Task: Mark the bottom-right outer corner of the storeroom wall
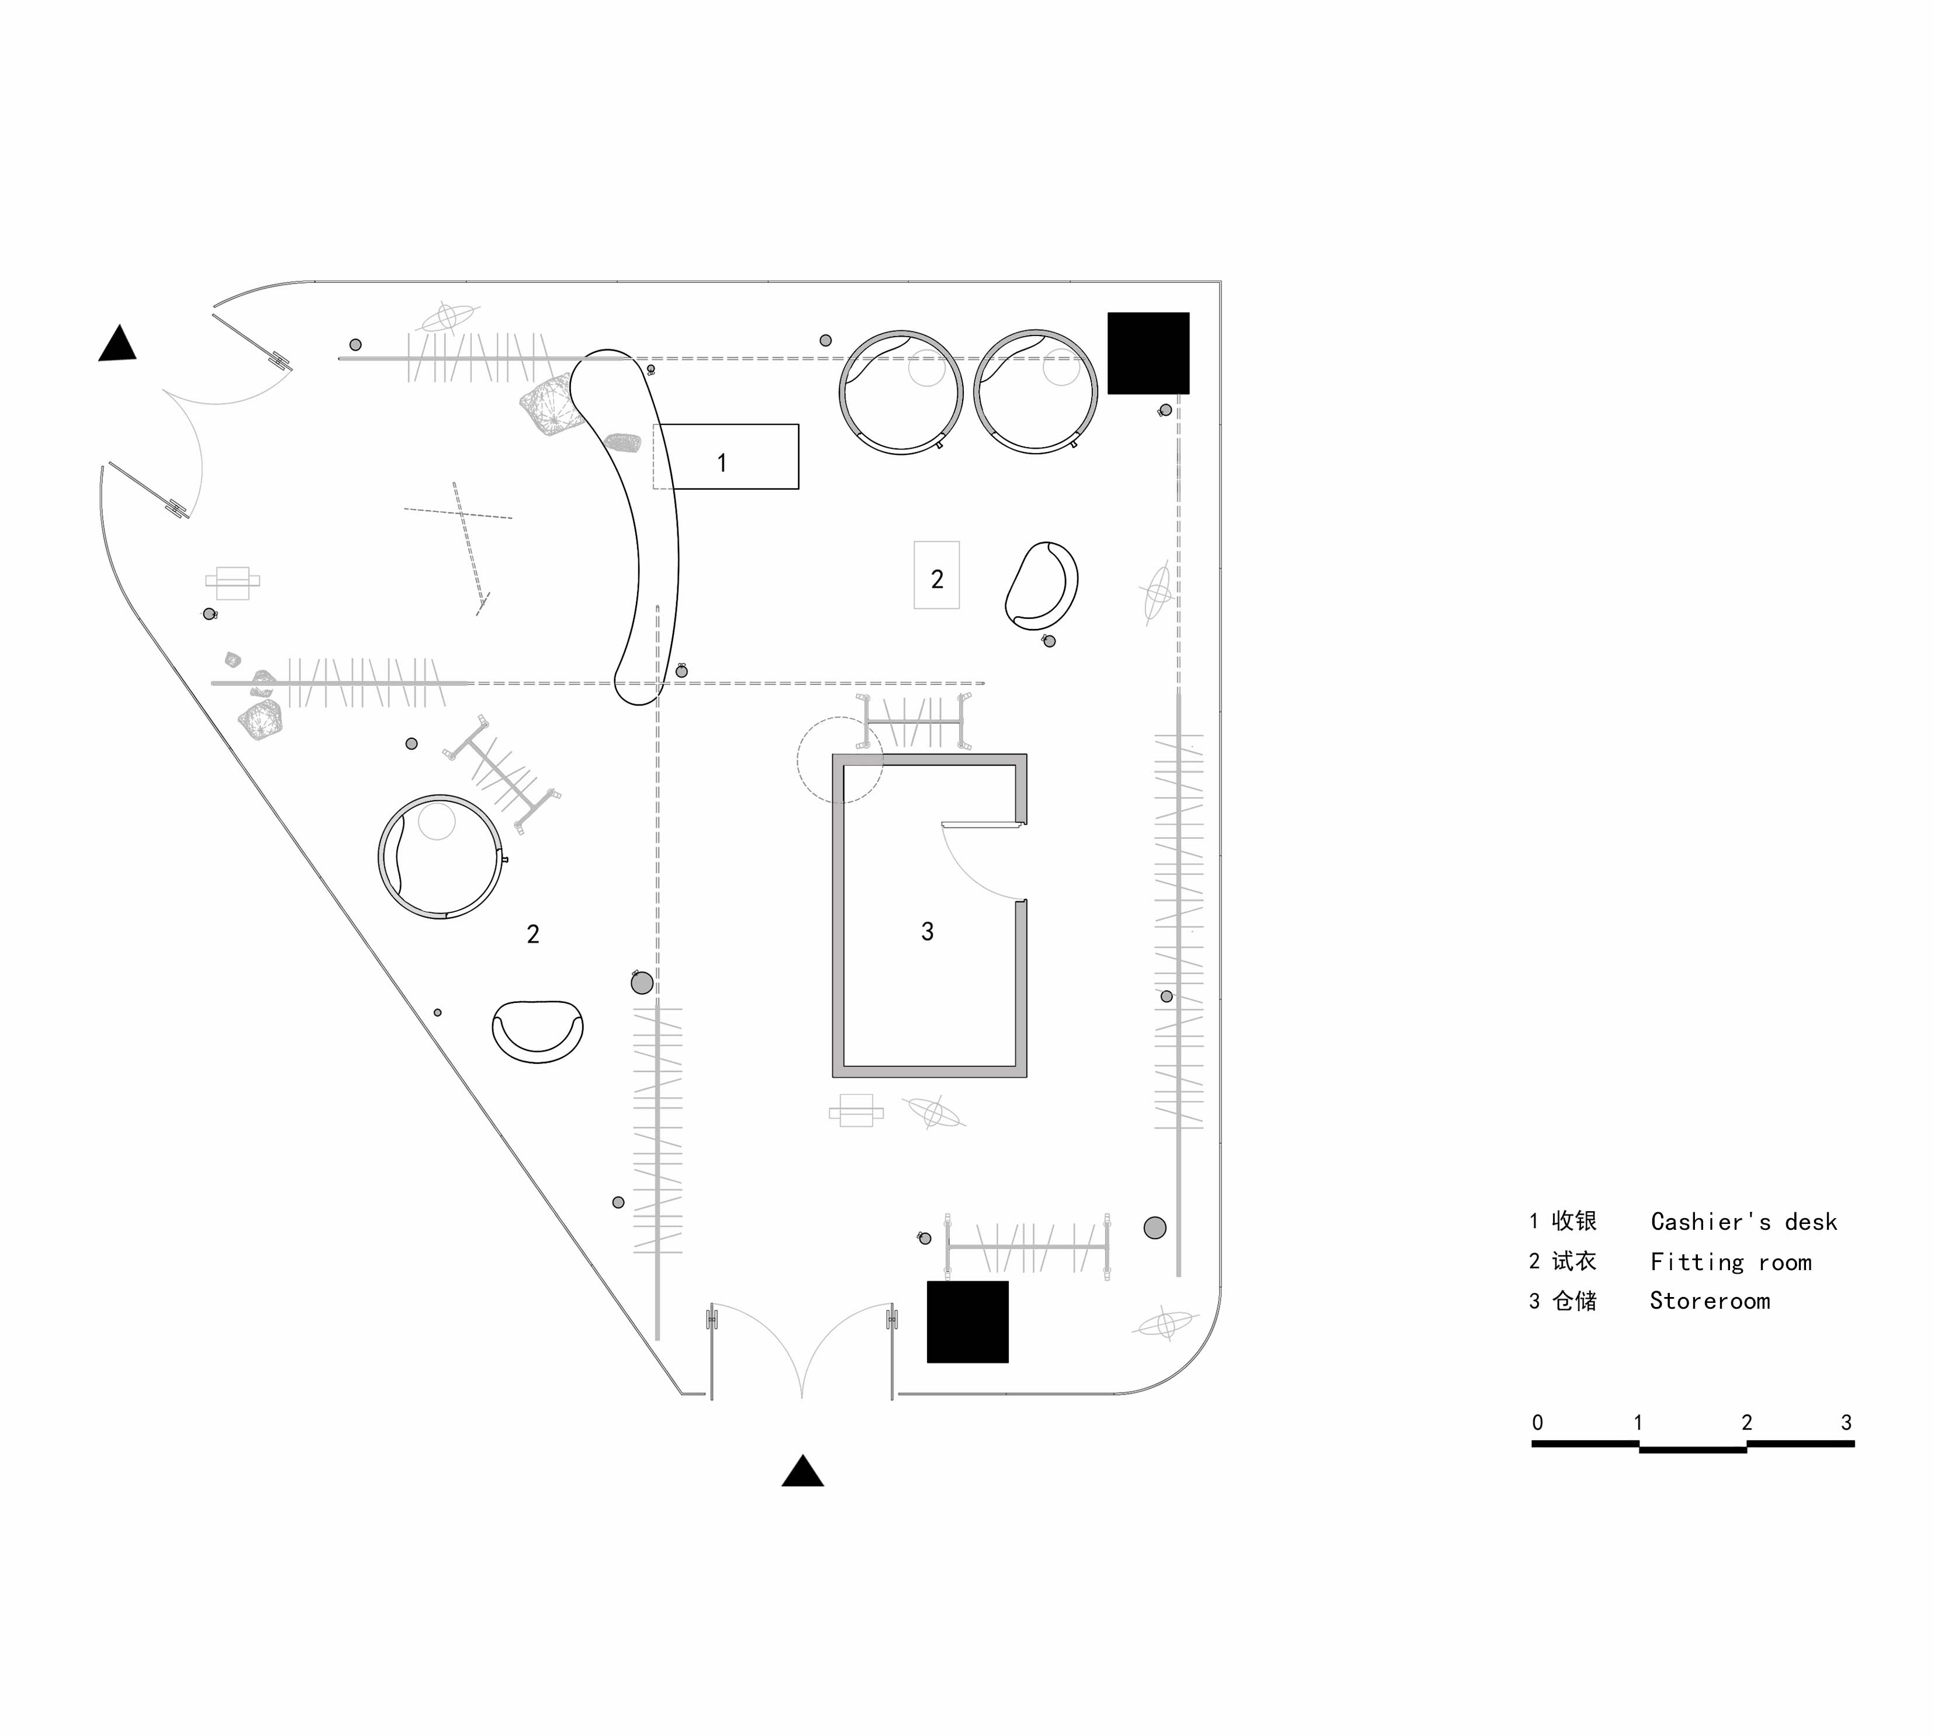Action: coord(1027,1078)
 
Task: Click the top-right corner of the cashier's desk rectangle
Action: coord(798,424)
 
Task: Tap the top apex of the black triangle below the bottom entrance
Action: coord(803,1455)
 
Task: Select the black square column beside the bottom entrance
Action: coord(968,1322)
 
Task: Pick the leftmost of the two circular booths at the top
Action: coord(901,392)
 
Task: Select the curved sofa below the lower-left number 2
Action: coord(538,1031)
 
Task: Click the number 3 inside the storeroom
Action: coord(927,932)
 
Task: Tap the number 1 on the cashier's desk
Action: coord(722,464)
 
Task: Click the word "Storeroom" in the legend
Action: coord(1710,1301)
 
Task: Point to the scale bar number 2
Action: coord(1746,1422)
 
